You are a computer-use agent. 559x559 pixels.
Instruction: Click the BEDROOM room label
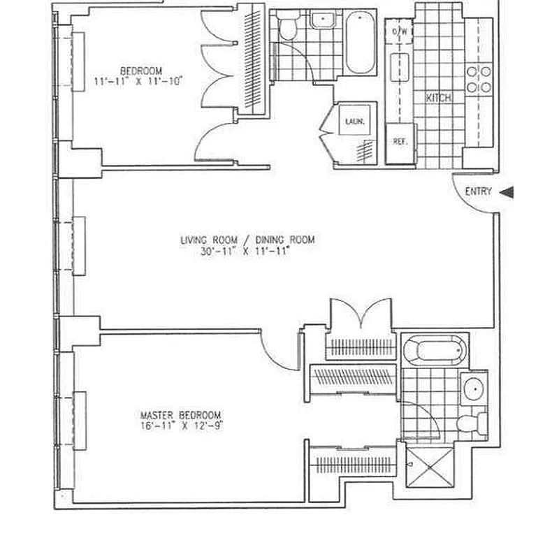tap(141, 71)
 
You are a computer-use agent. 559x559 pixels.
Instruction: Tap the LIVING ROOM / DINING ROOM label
tap(247, 240)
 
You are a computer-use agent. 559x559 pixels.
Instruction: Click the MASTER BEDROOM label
tap(180, 414)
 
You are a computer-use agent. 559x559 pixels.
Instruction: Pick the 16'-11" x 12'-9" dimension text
tap(180, 425)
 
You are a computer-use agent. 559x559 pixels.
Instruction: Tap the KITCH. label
tap(439, 99)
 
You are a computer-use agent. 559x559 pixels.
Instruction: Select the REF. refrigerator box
tap(400, 142)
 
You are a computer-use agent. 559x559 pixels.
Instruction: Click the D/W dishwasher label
tap(400, 32)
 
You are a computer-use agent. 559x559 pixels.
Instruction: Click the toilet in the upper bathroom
tap(288, 29)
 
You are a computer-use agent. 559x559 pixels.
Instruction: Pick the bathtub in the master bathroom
tap(435, 349)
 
